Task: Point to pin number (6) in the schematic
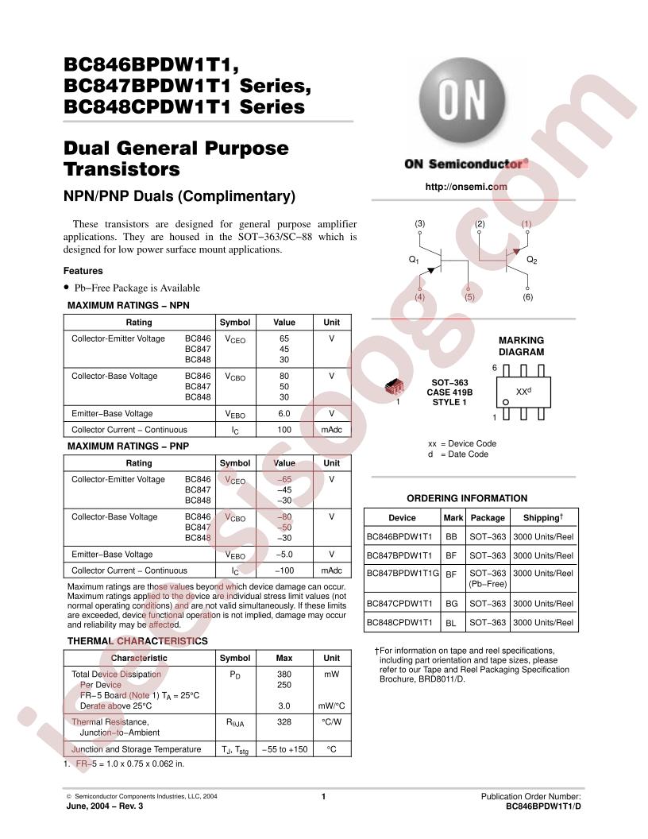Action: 528,297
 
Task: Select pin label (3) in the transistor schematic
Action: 420,224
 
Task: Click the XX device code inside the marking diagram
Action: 523,392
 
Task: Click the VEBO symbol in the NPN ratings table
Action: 235,414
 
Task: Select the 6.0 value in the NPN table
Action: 283,413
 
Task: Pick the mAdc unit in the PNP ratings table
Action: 331,570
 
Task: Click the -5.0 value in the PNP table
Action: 283,555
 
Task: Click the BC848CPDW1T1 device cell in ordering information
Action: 399,623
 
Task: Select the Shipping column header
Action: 543,517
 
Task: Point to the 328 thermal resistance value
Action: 283,722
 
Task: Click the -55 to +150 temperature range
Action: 283,749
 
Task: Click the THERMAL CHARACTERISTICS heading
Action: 137,641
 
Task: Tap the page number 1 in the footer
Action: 324,796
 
